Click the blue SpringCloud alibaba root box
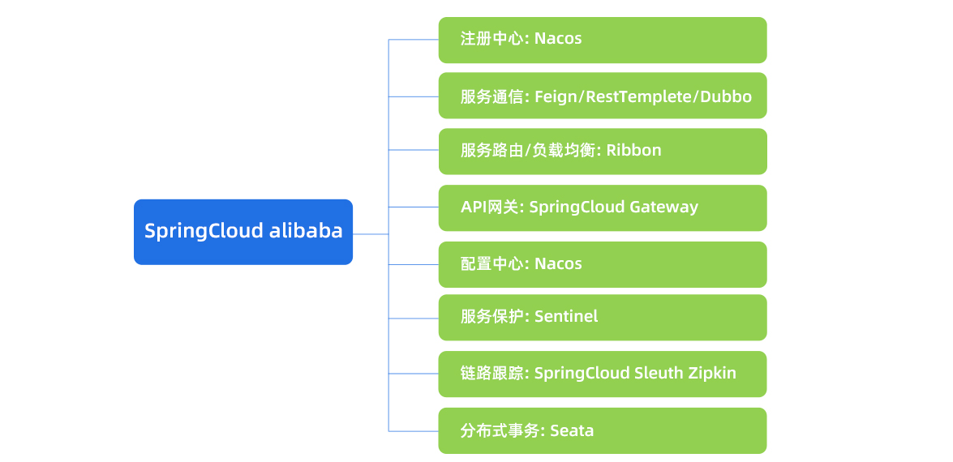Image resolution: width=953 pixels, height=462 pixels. click(x=243, y=232)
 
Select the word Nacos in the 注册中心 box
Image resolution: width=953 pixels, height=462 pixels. click(x=558, y=38)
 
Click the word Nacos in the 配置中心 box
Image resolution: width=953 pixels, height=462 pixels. click(x=558, y=263)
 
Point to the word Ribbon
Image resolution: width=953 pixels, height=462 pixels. click(x=633, y=150)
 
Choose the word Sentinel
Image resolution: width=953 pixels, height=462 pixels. click(x=566, y=316)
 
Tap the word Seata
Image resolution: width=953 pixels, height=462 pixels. click(x=572, y=430)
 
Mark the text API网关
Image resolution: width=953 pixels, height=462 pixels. click(x=491, y=207)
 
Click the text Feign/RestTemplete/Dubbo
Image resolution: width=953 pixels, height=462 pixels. click(x=643, y=96)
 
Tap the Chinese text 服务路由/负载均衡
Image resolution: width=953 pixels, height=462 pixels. click(x=530, y=150)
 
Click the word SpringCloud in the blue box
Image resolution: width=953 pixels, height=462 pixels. click(x=203, y=231)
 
